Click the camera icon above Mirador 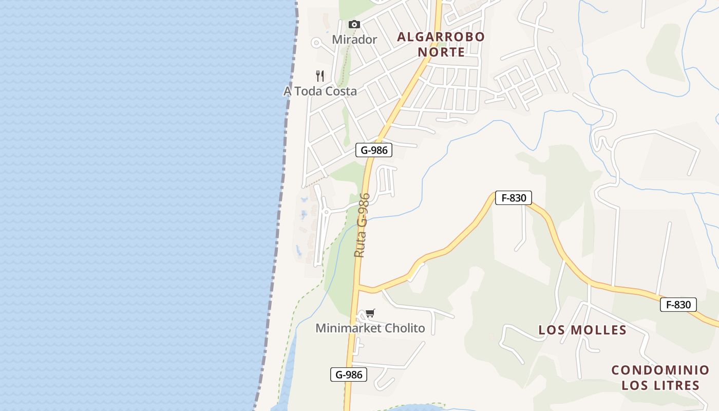(x=354, y=24)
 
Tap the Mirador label (x=354, y=40)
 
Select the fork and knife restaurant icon (x=320, y=76)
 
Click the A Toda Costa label (x=320, y=91)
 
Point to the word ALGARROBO (x=441, y=36)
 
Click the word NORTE (x=441, y=52)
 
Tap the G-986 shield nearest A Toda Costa (x=374, y=150)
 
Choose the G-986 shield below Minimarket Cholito (x=349, y=375)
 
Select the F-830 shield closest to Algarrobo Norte (x=513, y=198)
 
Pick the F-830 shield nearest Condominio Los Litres (x=678, y=305)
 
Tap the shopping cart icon (x=370, y=313)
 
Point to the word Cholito (x=406, y=328)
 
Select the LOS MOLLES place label (x=582, y=330)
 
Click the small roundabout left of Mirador (x=316, y=43)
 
